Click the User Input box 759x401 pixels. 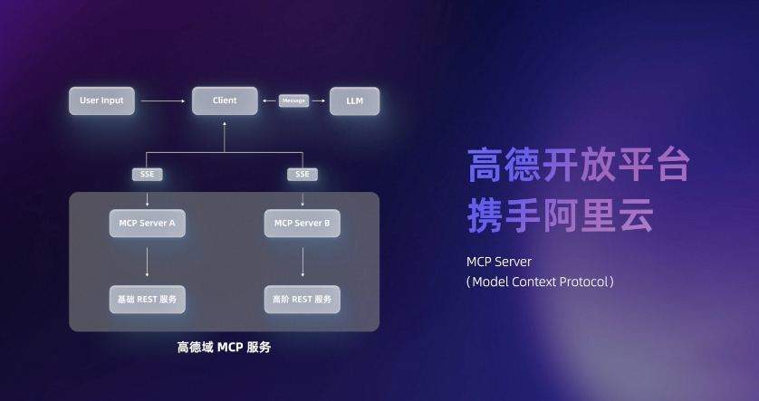(101, 100)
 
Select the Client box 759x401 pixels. (225, 100)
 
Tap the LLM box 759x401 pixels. (354, 100)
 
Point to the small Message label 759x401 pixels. (293, 100)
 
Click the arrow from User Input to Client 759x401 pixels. (163, 100)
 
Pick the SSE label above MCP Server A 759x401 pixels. (147, 174)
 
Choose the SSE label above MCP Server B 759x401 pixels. (303, 174)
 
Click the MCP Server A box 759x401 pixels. (147, 223)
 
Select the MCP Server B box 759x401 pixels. (303, 223)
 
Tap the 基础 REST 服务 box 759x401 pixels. (147, 298)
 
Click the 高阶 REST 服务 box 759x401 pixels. (303, 298)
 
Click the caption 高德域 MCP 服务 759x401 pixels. (224, 347)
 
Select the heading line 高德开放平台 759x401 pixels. (580, 165)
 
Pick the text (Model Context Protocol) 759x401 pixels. (542, 282)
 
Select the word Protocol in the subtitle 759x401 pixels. (584, 282)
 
